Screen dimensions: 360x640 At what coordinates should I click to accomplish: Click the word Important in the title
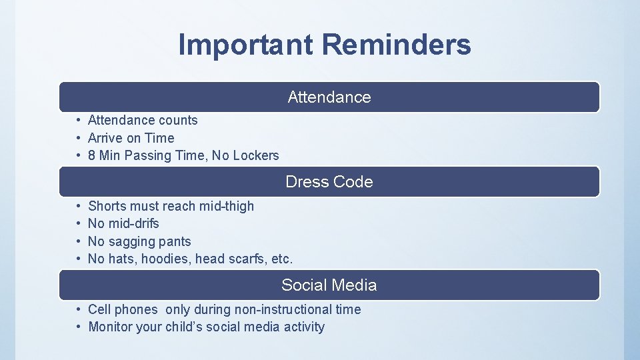[x=246, y=45]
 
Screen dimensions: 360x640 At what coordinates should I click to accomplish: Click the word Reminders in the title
[x=397, y=45]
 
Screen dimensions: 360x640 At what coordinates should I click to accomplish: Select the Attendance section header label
[x=329, y=97]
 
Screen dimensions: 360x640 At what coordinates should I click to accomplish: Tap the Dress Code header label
[x=329, y=182]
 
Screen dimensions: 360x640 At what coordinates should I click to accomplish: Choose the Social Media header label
[x=329, y=285]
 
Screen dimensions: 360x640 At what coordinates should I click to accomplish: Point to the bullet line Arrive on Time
[x=131, y=138]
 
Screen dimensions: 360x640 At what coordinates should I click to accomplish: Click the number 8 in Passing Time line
[x=92, y=155]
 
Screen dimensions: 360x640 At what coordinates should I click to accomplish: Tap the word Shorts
[x=107, y=207]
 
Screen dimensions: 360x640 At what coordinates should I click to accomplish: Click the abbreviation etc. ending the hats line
[x=282, y=259]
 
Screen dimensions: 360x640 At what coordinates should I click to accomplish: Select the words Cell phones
[x=123, y=310]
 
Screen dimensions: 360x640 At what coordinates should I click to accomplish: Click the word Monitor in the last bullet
[x=110, y=327]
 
